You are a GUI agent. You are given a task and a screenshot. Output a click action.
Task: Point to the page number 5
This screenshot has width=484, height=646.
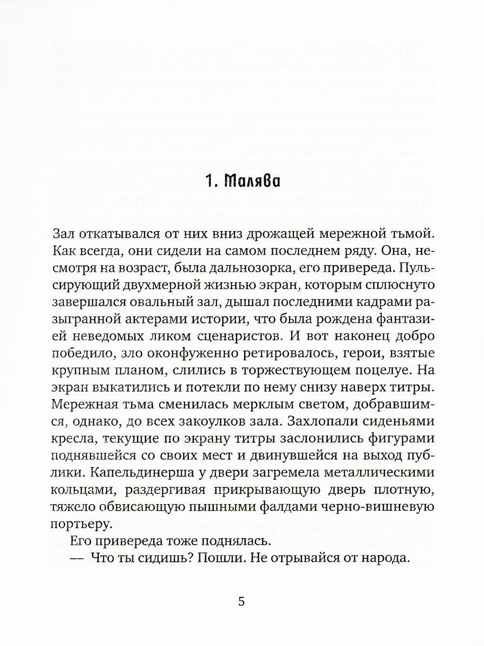pyautogui.click(x=242, y=602)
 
